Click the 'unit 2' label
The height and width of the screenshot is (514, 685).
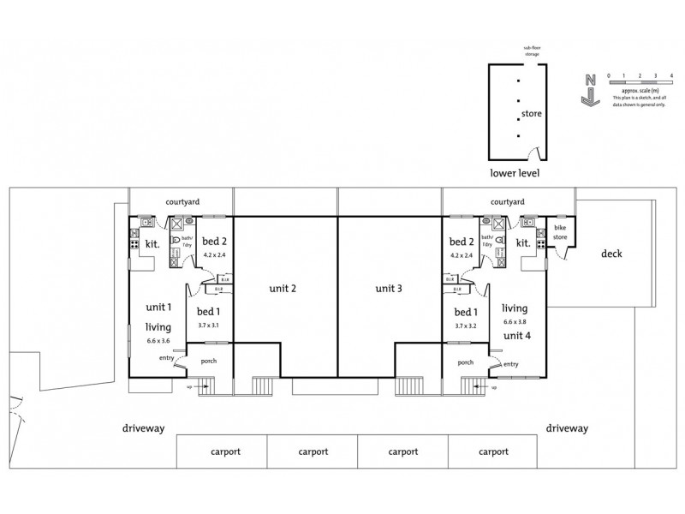(x=282, y=289)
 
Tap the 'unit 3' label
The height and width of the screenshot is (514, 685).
(x=388, y=289)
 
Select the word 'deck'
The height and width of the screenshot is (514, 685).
(x=611, y=254)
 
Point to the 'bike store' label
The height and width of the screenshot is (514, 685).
(x=560, y=232)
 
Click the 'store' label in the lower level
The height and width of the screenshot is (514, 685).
(x=532, y=113)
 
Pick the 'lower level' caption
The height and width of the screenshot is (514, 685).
(x=514, y=172)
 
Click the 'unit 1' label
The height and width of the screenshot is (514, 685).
(x=158, y=308)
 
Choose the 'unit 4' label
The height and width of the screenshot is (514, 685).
(x=516, y=335)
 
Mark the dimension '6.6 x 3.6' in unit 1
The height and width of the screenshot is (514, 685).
(x=158, y=342)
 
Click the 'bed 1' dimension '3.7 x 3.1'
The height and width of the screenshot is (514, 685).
(x=209, y=326)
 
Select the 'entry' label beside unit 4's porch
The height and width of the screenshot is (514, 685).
(x=511, y=364)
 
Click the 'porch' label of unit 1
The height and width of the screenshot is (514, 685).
(x=209, y=361)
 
